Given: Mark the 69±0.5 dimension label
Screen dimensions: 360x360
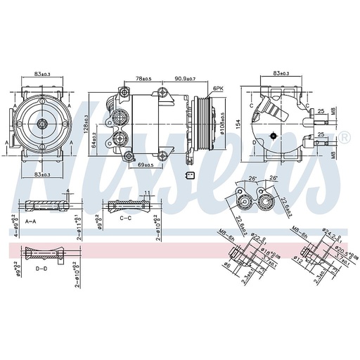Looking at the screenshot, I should pos(146,164).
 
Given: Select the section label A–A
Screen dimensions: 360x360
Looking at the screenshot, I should pos(31,221).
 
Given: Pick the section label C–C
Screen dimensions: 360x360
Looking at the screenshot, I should pos(127,219).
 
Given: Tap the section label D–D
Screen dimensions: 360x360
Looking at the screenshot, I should pos(41,269).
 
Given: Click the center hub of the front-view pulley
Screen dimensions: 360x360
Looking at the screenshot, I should pos(42,124).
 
